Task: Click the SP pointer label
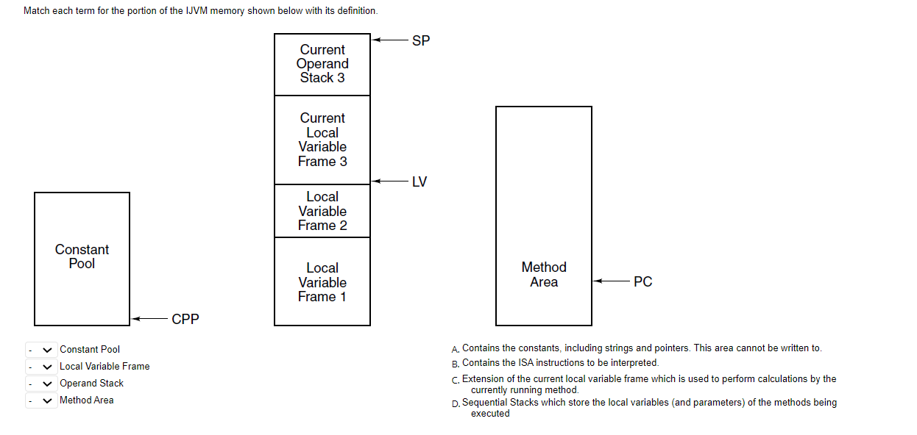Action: (x=421, y=41)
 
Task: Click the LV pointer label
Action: (x=419, y=181)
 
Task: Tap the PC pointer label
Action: (x=642, y=282)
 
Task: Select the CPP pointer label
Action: (x=185, y=320)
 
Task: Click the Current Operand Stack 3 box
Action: (x=322, y=64)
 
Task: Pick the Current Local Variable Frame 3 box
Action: (x=322, y=140)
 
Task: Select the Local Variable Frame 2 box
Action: (x=322, y=211)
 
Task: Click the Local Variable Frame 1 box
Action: (x=322, y=282)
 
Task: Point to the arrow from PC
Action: (x=610, y=281)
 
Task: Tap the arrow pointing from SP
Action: (x=389, y=40)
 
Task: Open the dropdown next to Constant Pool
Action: (x=41, y=350)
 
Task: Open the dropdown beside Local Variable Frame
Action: (x=41, y=367)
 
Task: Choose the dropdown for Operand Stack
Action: (x=41, y=384)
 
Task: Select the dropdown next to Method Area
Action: (x=41, y=400)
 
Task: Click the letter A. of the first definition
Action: (x=456, y=349)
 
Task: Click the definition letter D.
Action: (x=456, y=403)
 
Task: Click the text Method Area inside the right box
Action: (x=544, y=275)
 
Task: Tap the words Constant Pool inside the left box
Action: (x=82, y=256)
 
